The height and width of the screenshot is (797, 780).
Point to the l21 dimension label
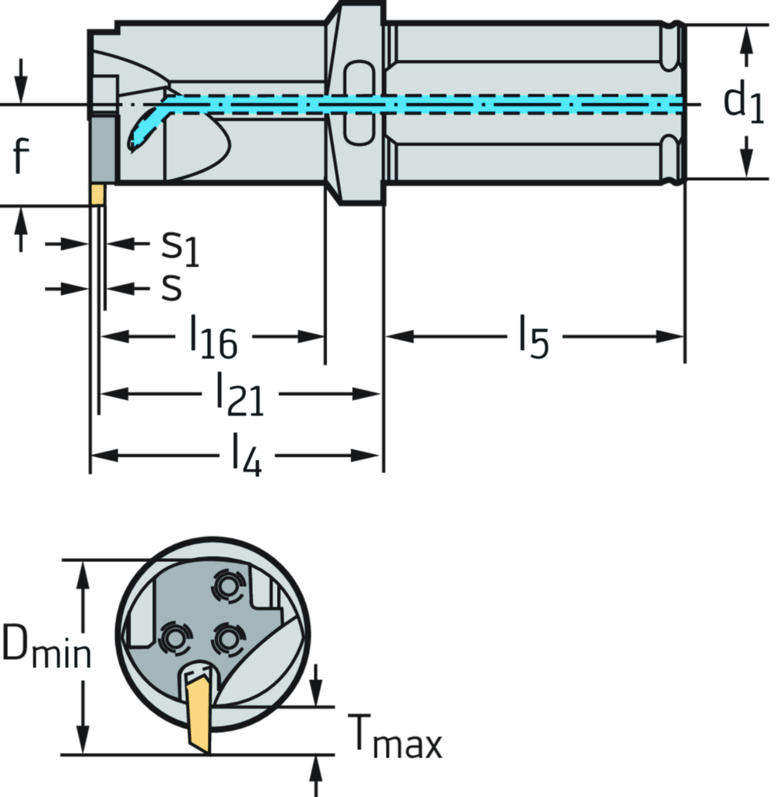click(x=239, y=395)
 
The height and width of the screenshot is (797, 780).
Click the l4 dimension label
click(x=246, y=456)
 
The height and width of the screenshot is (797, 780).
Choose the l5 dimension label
click(x=534, y=337)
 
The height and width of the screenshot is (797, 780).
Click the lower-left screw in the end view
click(x=174, y=640)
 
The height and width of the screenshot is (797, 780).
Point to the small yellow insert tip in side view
click(x=97, y=195)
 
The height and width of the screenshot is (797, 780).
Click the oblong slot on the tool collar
click(x=357, y=104)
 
